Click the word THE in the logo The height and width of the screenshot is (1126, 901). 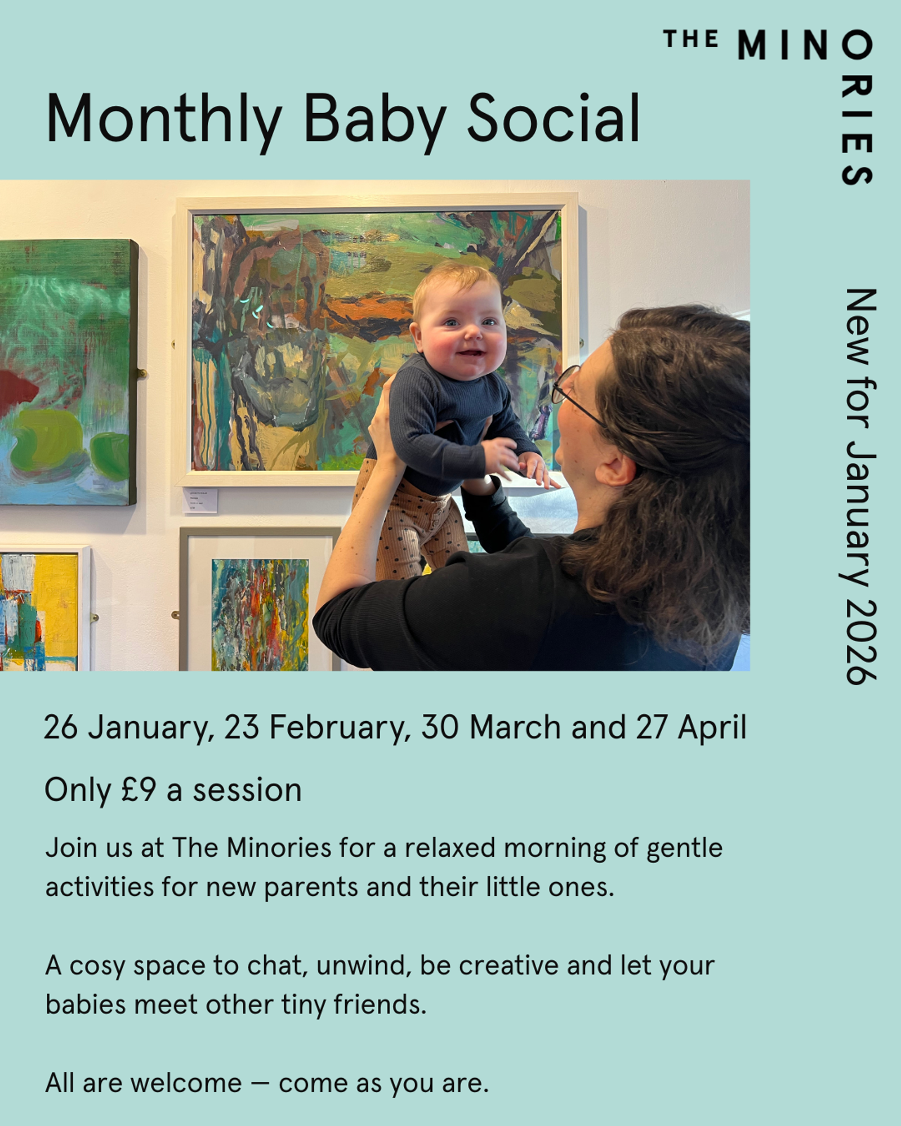coord(691,39)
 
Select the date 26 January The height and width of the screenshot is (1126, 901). coord(125,727)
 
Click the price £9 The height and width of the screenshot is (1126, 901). coord(139,790)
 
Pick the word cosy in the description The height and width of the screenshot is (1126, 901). coord(97,967)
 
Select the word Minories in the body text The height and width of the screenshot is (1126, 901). coord(279,848)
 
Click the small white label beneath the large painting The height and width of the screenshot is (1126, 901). coord(200,500)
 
